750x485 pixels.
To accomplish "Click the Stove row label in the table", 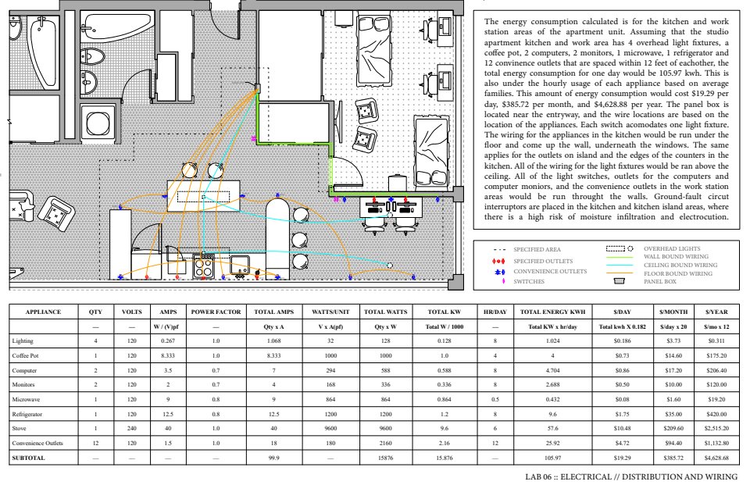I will [x=19, y=428].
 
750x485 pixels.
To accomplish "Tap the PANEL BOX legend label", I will [x=661, y=281].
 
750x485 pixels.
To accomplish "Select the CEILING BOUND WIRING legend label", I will [x=676, y=265].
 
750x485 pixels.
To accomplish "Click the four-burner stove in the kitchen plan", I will [x=205, y=266].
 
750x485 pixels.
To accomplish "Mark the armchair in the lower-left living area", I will [x=55, y=210].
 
